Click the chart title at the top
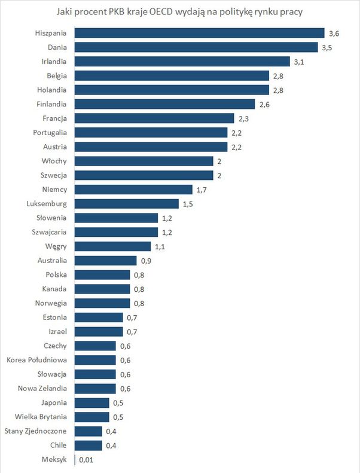click(180, 12)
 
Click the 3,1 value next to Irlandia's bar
click(299, 61)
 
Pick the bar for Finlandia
click(164, 104)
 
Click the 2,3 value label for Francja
click(243, 118)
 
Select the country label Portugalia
click(50, 132)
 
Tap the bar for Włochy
click(144, 161)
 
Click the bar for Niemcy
click(133, 190)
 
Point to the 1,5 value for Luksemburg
click(188, 204)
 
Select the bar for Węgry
click(112, 246)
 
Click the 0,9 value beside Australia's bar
click(145, 261)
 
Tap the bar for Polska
click(102, 275)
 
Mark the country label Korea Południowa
click(36, 360)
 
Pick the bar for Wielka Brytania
click(92, 417)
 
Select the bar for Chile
click(89, 445)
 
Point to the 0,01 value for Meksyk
click(86, 460)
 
